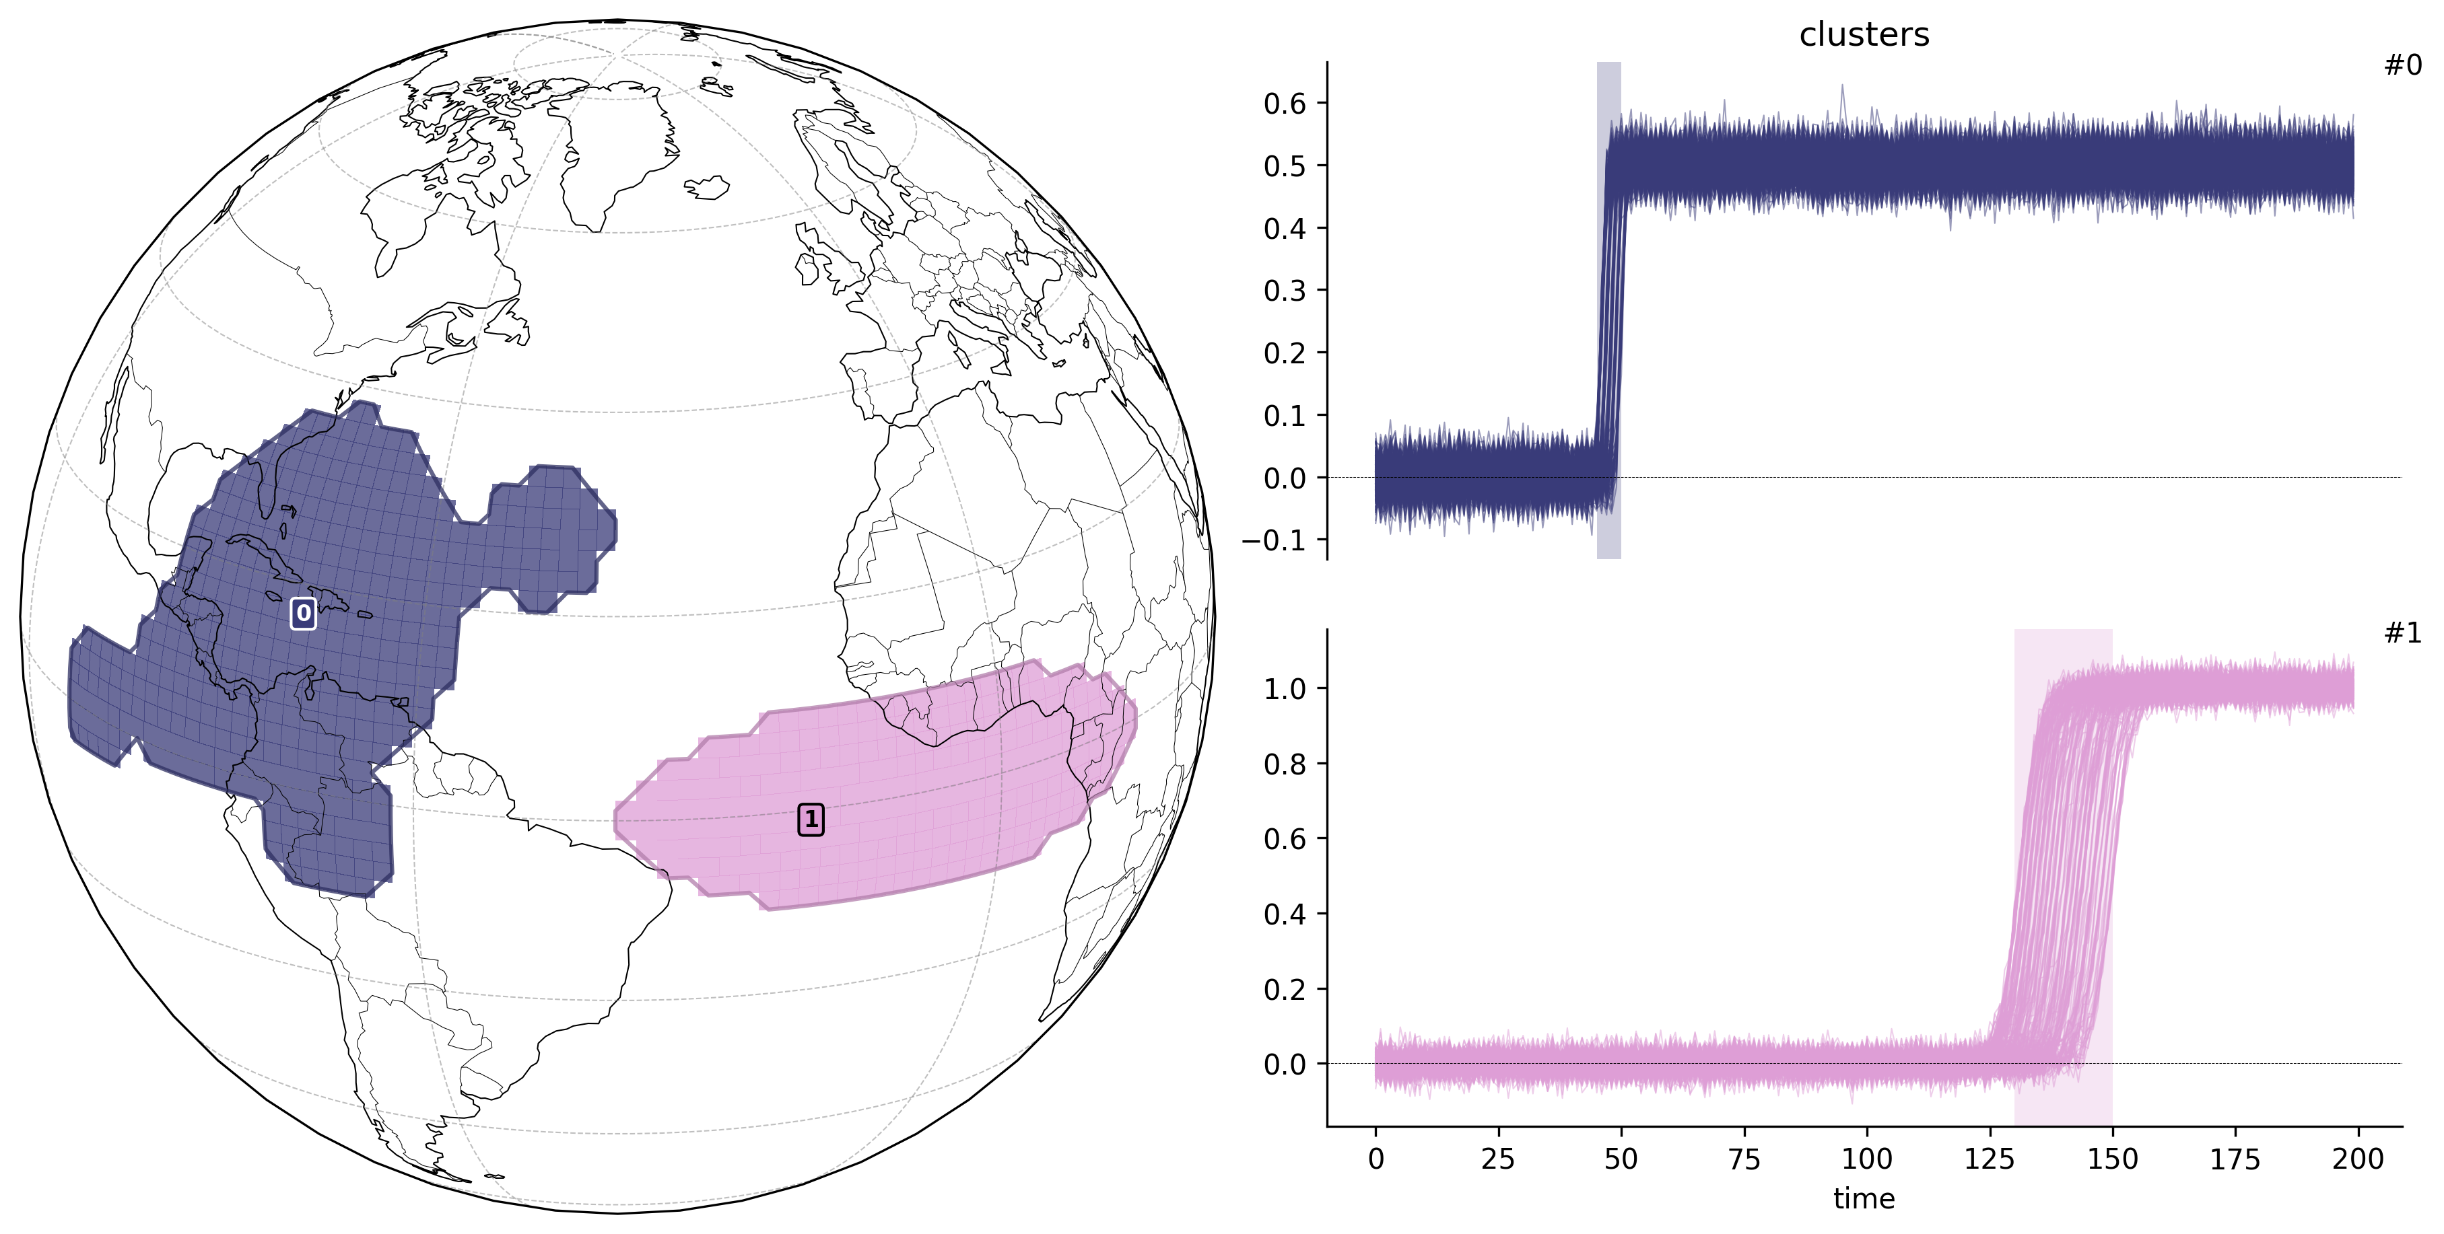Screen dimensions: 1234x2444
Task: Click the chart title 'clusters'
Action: pyautogui.click(x=1864, y=35)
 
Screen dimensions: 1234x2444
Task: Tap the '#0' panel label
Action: pyautogui.click(x=2402, y=65)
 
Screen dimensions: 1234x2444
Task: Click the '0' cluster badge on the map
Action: pyautogui.click(x=303, y=614)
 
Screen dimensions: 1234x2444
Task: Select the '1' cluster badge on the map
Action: pyautogui.click(x=810, y=820)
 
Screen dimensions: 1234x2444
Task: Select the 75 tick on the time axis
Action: pyautogui.click(x=1744, y=1159)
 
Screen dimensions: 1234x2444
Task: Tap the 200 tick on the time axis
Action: pyautogui.click(x=2358, y=1159)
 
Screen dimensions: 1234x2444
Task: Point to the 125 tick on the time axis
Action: pyautogui.click(x=1990, y=1159)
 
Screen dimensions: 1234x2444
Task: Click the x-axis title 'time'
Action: pyautogui.click(x=1864, y=1199)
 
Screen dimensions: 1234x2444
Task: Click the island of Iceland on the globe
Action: pyautogui.click(x=707, y=187)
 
